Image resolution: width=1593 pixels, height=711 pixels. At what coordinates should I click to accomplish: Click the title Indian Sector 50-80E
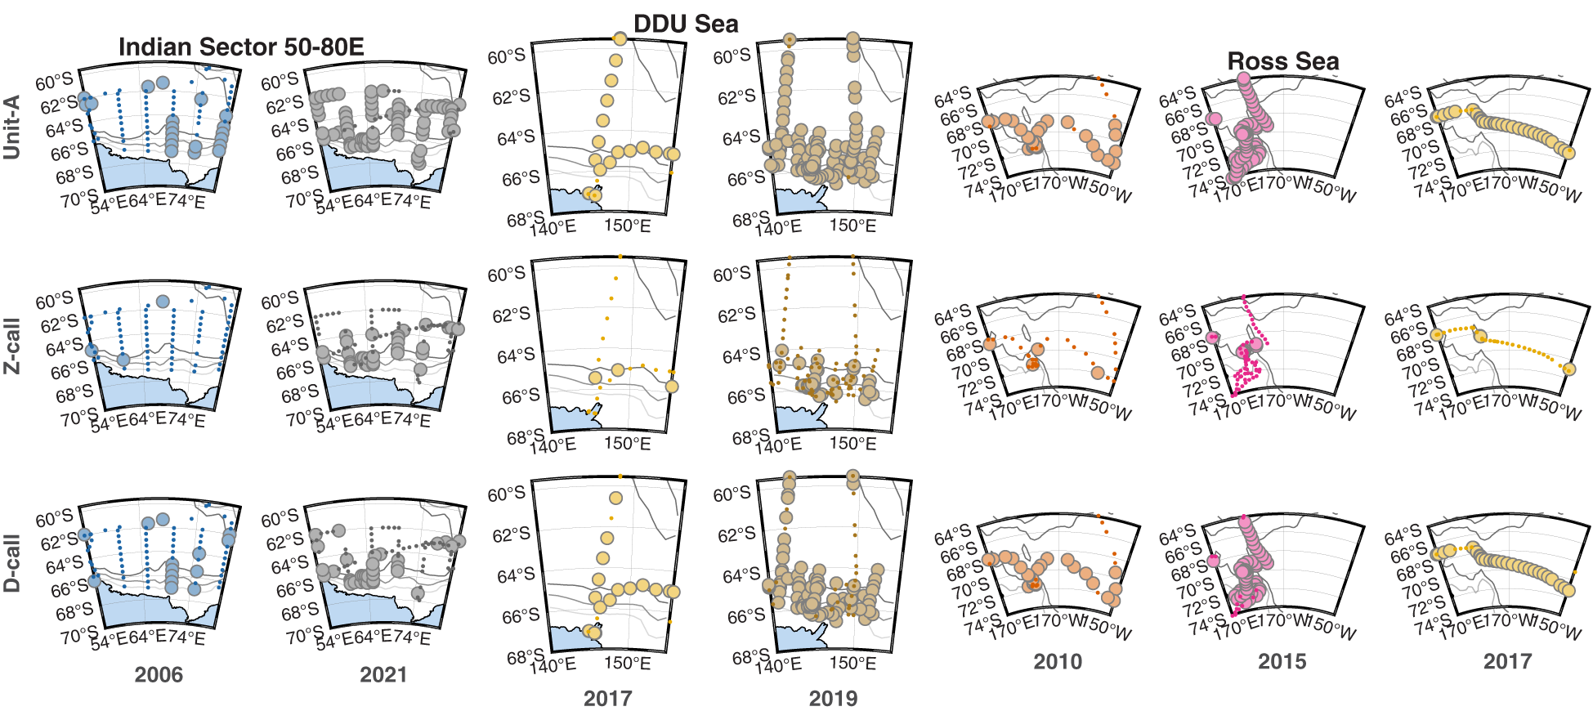(x=241, y=47)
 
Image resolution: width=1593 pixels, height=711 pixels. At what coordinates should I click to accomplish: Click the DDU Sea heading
(x=686, y=24)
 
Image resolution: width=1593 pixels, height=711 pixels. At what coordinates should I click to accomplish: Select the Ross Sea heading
(x=1283, y=61)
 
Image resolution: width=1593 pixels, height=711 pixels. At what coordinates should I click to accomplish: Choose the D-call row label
(x=12, y=564)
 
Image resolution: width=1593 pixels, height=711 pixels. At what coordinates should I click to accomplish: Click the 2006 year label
(x=159, y=675)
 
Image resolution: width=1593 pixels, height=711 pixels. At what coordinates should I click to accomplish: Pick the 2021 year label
(x=383, y=675)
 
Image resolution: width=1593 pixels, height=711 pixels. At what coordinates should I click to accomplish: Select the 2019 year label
(x=833, y=699)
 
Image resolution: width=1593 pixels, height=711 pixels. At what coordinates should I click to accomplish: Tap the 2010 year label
(x=1058, y=662)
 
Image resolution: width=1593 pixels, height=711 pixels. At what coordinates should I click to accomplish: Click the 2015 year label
(x=1282, y=662)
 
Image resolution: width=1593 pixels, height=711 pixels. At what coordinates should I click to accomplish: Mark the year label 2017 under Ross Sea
(x=1507, y=662)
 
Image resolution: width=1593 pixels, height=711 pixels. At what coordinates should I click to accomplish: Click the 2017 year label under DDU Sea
(x=607, y=699)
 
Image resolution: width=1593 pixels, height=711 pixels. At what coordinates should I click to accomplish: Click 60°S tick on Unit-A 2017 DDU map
(x=506, y=57)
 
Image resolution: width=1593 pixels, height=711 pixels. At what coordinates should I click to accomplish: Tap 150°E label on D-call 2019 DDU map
(x=852, y=663)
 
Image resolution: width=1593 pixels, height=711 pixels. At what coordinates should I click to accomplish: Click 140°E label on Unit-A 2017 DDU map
(x=553, y=228)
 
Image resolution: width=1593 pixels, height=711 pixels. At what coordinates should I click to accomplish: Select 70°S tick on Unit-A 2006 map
(x=78, y=199)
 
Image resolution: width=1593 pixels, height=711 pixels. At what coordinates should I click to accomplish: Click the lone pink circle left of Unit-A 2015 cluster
(x=1214, y=119)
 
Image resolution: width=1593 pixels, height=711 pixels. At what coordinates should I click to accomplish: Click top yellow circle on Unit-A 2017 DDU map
(x=619, y=39)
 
